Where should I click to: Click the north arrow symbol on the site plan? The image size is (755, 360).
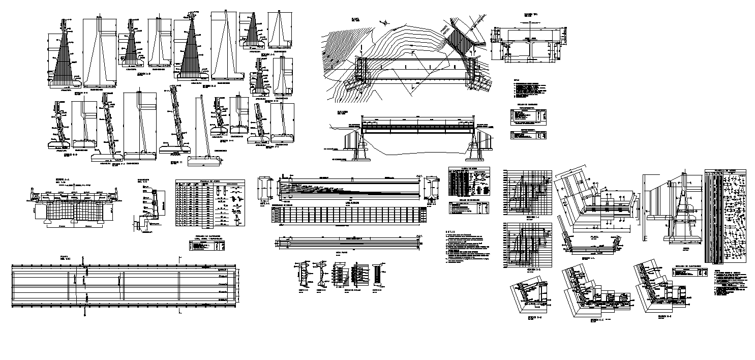point(386,22)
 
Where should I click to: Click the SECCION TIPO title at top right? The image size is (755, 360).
point(530,15)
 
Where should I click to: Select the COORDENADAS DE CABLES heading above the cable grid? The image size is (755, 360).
point(290,205)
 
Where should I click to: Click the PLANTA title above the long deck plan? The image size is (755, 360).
point(65,257)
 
